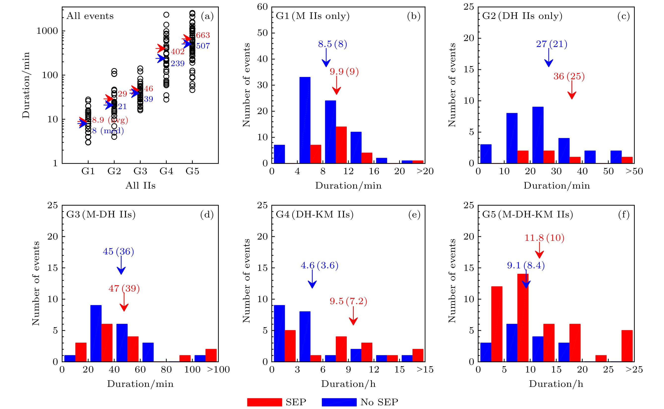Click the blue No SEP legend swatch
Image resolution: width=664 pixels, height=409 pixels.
pos(339,402)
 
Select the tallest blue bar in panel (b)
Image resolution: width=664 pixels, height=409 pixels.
pos(305,120)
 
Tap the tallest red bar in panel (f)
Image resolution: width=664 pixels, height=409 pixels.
pos(523,318)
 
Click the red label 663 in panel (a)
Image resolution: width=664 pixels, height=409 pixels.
pos(203,35)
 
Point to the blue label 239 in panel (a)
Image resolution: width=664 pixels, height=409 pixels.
pos(177,64)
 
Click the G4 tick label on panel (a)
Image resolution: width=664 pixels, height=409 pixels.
pos(166,171)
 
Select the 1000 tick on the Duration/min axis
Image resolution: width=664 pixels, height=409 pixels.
pos(47,31)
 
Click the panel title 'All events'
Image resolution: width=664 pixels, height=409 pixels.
pos(90,16)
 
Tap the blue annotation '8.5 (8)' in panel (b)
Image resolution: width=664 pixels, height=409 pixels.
pos(332,44)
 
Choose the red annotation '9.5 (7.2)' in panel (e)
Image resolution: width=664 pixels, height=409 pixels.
pos(348,301)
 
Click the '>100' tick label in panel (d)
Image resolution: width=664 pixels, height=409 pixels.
pos(218,369)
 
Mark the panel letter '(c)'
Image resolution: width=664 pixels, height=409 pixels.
pos(623,16)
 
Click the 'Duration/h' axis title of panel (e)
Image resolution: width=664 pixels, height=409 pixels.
pos(348,384)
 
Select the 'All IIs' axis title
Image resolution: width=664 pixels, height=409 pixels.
pos(140,186)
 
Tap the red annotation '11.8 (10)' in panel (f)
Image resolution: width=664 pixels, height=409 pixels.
pos(544,238)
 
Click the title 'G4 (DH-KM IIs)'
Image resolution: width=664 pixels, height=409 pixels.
pos(315,214)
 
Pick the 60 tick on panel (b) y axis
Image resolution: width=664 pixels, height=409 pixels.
pos(262,7)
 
